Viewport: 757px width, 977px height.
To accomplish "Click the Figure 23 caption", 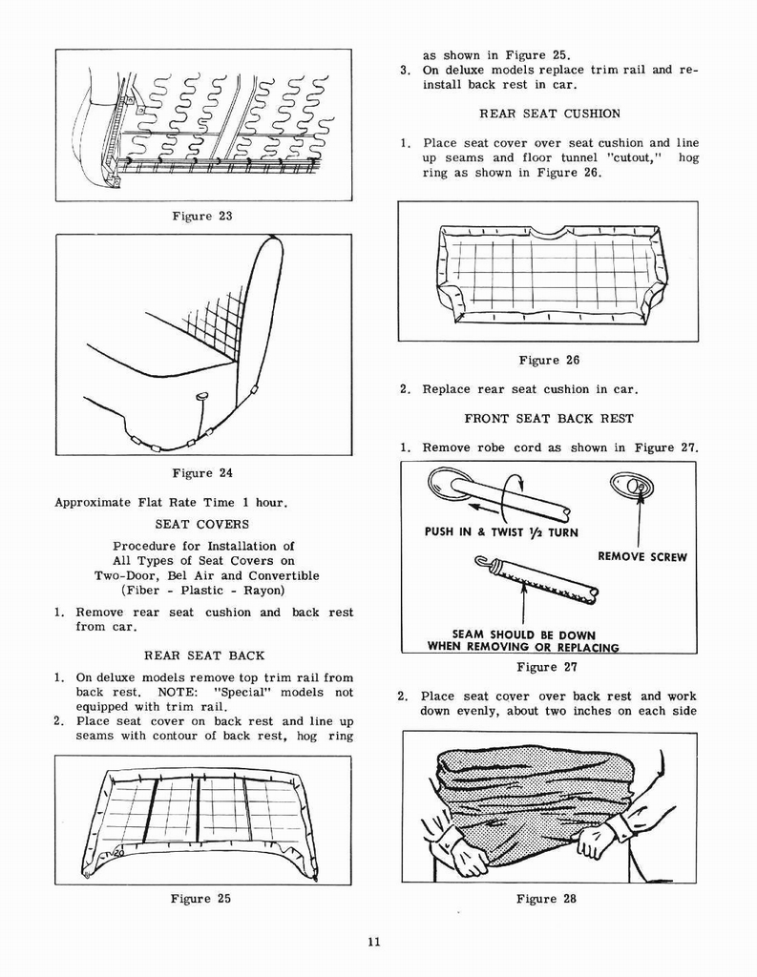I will [201, 217].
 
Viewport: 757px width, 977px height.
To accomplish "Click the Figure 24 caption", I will [201, 473].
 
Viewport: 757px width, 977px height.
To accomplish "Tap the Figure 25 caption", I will [200, 898].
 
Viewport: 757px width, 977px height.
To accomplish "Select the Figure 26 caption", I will [549, 360].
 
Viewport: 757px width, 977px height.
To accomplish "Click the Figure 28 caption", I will [547, 898].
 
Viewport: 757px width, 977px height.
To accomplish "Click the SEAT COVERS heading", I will [201, 524].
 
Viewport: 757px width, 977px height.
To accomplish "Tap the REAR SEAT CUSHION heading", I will [549, 114].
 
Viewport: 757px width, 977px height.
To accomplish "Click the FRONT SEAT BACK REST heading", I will [549, 418].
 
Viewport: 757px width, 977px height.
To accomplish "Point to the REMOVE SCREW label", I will [641, 556].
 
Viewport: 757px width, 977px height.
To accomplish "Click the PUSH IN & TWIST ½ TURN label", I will [501, 532].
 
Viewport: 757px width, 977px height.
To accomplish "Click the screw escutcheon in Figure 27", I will [632, 488].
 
